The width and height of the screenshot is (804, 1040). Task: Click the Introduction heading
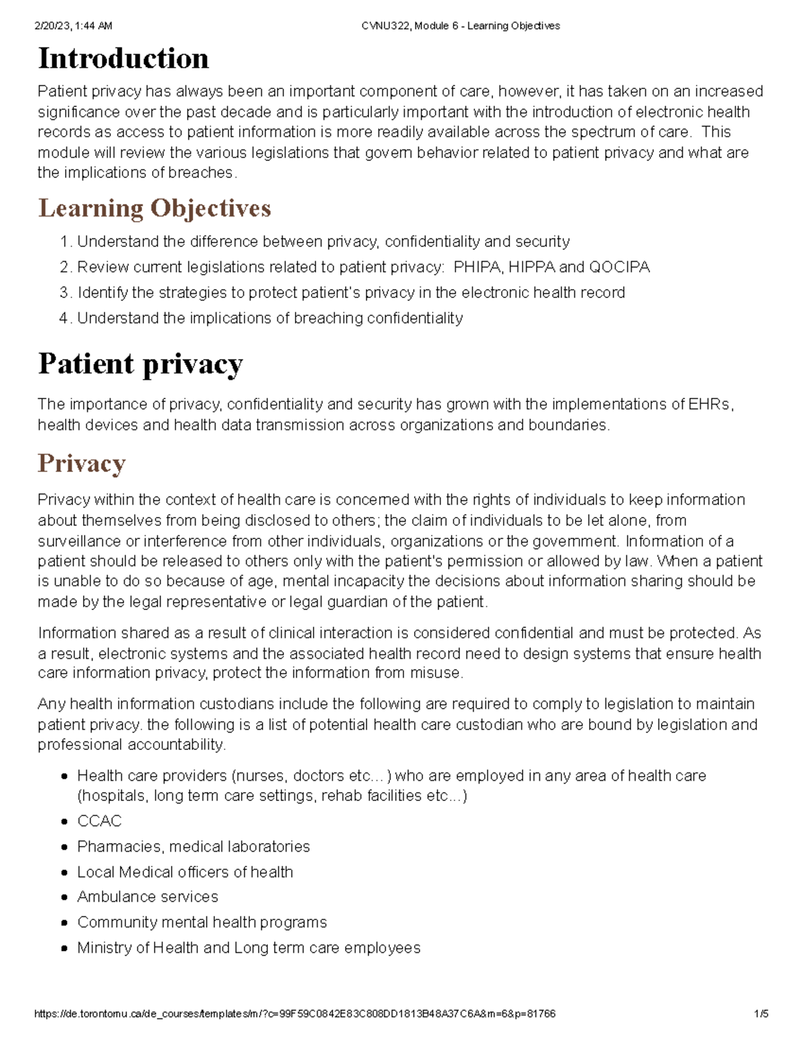point(123,59)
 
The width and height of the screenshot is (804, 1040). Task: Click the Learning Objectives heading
point(155,208)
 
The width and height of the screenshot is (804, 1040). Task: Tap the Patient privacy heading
point(140,364)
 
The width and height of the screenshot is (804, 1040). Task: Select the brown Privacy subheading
point(82,463)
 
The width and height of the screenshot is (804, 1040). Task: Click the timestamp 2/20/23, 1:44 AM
point(73,26)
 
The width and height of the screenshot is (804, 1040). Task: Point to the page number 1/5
point(760,1014)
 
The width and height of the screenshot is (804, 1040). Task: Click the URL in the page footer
point(294,1014)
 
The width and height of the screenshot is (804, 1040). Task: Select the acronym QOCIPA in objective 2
point(619,267)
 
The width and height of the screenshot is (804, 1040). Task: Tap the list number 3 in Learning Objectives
point(64,293)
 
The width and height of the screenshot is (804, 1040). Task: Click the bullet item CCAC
point(99,821)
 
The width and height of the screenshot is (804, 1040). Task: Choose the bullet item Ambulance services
point(147,897)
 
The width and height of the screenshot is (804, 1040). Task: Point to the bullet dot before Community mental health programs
point(64,923)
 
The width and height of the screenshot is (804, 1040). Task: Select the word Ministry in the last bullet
point(103,948)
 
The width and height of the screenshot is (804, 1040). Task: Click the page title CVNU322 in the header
point(386,26)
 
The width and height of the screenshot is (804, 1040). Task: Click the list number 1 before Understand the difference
point(64,242)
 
